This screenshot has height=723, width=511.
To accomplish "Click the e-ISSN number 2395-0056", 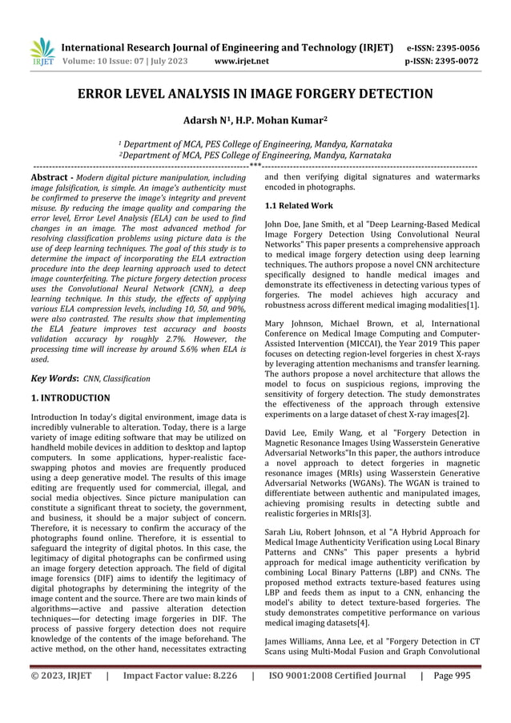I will click(459, 46).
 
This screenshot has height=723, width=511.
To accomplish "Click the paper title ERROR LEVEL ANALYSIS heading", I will click(255, 95).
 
